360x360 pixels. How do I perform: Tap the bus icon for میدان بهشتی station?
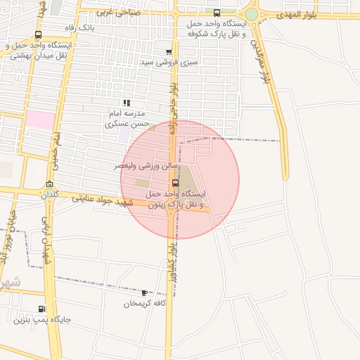point(38,34)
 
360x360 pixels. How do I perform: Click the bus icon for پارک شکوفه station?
point(217,13)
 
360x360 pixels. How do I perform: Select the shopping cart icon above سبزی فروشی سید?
point(169,52)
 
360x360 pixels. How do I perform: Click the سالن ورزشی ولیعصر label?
point(143,166)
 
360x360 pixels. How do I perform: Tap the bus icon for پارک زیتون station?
point(175,183)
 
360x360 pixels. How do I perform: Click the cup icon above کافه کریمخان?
point(144,292)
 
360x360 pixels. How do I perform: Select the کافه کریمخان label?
point(144,304)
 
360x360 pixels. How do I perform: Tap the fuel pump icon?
point(42,308)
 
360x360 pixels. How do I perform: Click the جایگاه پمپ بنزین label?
point(42,320)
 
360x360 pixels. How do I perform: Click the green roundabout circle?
point(251,14)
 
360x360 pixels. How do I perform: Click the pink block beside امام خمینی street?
point(41,120)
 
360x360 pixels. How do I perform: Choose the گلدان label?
point(49,194)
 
